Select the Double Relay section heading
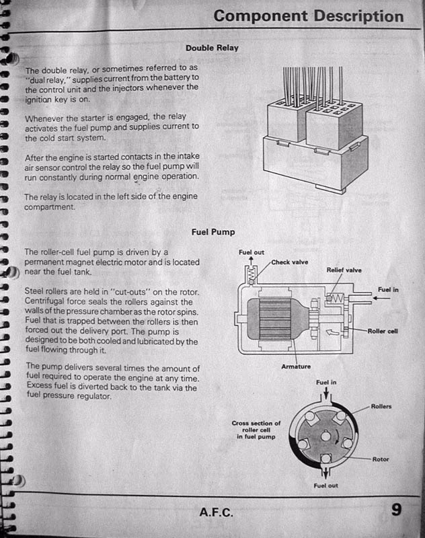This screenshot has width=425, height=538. click(212, 48)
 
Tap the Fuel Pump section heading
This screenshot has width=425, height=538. click(213, 232)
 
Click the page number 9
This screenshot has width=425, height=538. click(397, 509)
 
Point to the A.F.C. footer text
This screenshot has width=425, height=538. click(216, 511)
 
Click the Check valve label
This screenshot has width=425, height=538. click(290, 262)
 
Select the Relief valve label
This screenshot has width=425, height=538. click(344, 270)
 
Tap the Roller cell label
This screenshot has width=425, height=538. click(383, 331)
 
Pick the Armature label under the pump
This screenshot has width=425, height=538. click(295, 367)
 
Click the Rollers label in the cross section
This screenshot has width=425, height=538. click(381, 407)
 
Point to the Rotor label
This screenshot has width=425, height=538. click(381, 459)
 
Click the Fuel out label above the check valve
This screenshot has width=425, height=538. click(251, 252)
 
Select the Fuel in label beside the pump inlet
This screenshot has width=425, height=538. click(389, 289)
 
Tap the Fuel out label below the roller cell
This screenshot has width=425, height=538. click(327, 485)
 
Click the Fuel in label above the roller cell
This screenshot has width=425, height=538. click(327, 382)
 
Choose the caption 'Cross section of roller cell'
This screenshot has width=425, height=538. click(256, 430)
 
